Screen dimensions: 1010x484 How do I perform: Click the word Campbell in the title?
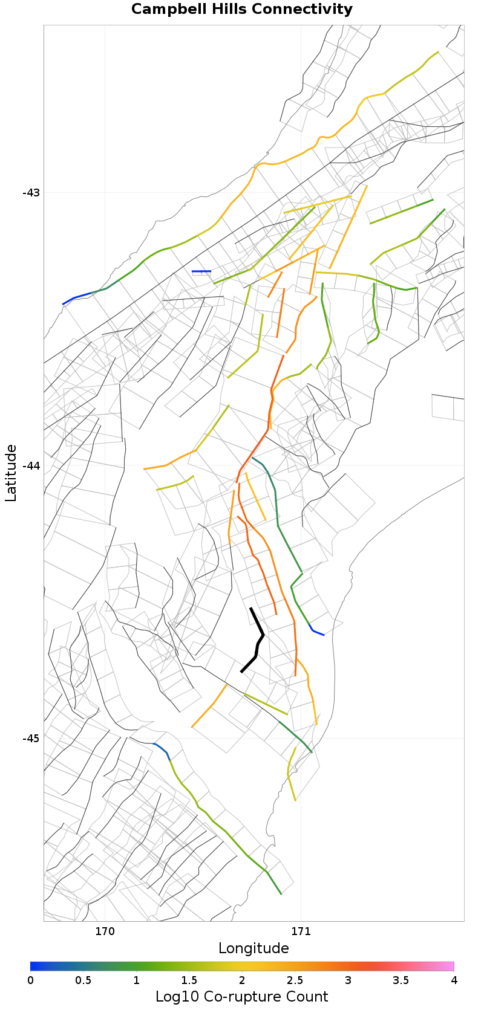click(x=162, y=10)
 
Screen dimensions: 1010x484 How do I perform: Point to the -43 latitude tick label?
click(x=31, y=193)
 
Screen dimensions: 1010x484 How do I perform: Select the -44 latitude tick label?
click(x=31, y=465)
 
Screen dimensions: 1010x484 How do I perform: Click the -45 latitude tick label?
click(x=31, y=739)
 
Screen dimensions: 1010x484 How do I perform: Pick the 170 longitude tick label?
click(x=105, y=931)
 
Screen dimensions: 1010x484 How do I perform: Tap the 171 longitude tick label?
click(x=301, y=931)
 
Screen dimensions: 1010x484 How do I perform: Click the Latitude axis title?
click(x=11, y=473)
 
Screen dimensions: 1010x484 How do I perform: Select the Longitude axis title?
click(x=253, y=948)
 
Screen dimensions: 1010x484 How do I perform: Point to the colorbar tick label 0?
click(x=31, y=980)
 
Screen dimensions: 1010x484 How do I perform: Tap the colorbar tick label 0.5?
click(x=83, y=980)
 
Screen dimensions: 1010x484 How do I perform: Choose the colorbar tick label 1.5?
click(x=189, y=980)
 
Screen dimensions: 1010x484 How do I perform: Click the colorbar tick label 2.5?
click(x=295, y=980)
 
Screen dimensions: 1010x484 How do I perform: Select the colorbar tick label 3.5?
click(x=401, y=980)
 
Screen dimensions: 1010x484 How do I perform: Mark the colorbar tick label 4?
click(x=454, y=980)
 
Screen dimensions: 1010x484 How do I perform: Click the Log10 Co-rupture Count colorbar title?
click(x=242, y=997)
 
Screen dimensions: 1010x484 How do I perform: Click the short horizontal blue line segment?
click(x=201, y=271)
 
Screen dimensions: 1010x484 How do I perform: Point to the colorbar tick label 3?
click(x=348, y=980)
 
